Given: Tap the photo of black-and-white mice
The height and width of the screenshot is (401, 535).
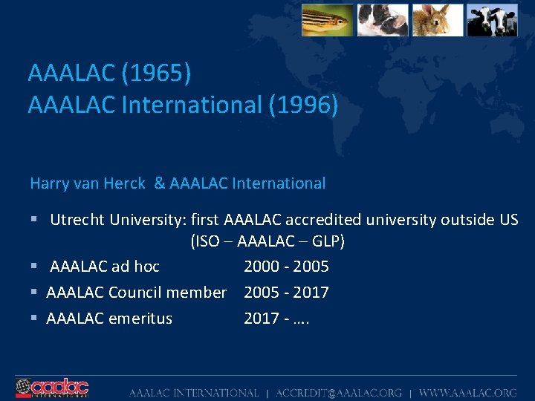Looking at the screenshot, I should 383,20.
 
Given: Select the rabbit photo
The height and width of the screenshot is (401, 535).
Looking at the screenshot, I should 438,20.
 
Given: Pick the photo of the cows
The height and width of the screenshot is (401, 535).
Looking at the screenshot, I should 492,20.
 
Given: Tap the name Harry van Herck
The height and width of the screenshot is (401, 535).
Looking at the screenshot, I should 88,183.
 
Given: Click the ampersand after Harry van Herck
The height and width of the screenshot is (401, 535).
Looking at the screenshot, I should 159,183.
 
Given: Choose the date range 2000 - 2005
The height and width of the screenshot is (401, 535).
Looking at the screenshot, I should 286,267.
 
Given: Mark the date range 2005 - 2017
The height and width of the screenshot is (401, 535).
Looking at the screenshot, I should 286,293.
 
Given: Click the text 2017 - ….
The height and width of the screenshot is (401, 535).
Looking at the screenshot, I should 277,319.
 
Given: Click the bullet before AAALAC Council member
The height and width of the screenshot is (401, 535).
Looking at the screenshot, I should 34,293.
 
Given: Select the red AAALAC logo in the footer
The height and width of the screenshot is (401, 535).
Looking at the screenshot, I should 52,388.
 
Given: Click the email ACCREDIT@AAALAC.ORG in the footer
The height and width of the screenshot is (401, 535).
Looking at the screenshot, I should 339,392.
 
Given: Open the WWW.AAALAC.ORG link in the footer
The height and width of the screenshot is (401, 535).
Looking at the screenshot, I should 467,392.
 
